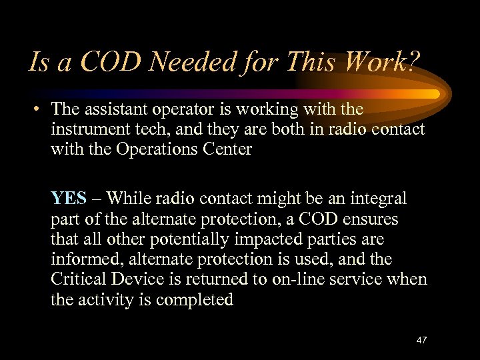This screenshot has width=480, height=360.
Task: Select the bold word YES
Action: tap(69, 198)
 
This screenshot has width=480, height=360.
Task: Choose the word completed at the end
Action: tap(195, 299)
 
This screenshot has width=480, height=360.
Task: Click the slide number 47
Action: tap(421, 340)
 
